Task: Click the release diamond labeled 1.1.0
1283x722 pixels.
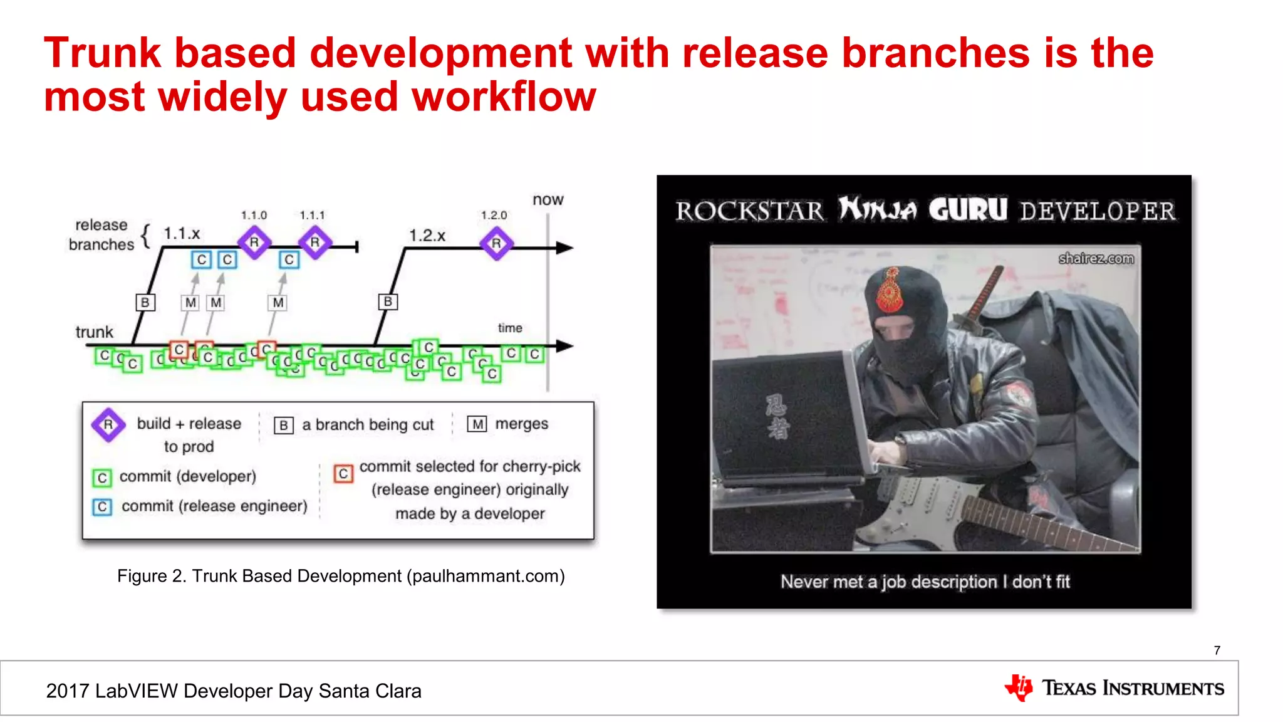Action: (x=254, y=243)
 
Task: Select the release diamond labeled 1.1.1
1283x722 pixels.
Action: (x=314, y=243)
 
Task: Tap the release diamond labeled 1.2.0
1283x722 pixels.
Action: (x=496, y=244)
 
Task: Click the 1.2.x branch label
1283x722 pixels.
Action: (x=427, y=236)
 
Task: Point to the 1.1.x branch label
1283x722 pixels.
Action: (x=182, y=234)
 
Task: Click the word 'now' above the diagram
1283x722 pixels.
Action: (x=548, y=200)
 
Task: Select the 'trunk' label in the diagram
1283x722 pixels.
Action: (x=95, y=332)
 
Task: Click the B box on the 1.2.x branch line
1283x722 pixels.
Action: (x=388, y=301)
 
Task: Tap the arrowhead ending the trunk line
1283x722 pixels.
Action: (x=564, y=346)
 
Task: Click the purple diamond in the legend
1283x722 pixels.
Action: (x=108, y=425)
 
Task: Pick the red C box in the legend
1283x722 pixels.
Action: (x=343, y=474)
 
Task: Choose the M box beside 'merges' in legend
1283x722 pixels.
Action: (x=477, y=424)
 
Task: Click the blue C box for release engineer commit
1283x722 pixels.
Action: (x=102, y=506)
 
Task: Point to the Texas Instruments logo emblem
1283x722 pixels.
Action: (x=1019, y=688)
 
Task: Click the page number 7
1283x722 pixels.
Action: (x=1217, y=651)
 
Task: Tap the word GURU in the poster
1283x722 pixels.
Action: (x=968, y=210)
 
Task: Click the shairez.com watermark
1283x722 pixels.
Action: (x=1096, y=258)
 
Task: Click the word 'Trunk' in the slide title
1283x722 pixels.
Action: (x=103, y=53)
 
